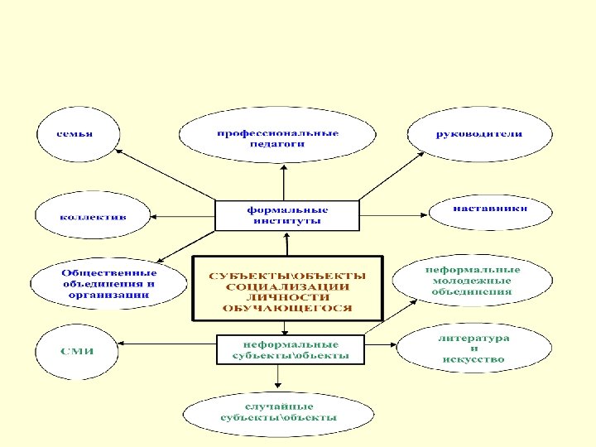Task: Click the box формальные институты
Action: [287, 215]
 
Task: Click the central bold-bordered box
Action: [287, 287]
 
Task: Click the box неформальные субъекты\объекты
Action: [289, 348]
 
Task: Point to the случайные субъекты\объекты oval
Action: [278, 412]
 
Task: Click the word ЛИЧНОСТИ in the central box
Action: [287, 297]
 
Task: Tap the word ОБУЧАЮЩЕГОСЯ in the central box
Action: [287, 308]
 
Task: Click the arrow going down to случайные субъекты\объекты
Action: [278, 377]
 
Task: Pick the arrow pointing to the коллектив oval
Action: [182, 216]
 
